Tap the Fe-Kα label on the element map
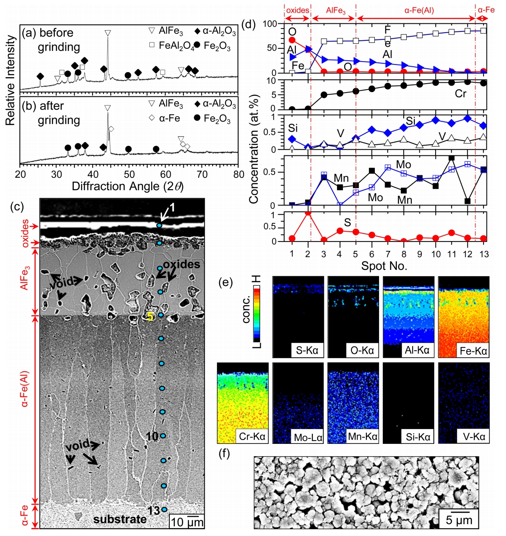pyautogui.click(x=473, y=351)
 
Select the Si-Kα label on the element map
pyautogui.click(x=418, y=436)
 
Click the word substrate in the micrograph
pyautogui.click(x=120, y=519)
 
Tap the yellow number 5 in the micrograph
pyautogui.click(x=150, y=317)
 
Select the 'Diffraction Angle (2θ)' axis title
pyautogui.click(x=128, y=186)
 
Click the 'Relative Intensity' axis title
pyautogui.click(x=11, y=81)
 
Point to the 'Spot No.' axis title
pyautogui.click(x=384, y=266)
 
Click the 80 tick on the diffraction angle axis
pyautogui.click(x=239, y=174)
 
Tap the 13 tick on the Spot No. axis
pyautogui.click(x=484, y=254)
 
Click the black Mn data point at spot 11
pyautogui.click(x=452, y=158)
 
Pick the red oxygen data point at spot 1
pyautogui.click(x=292, y=40)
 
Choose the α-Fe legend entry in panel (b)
pyautogui.click(x=169, y=118)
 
